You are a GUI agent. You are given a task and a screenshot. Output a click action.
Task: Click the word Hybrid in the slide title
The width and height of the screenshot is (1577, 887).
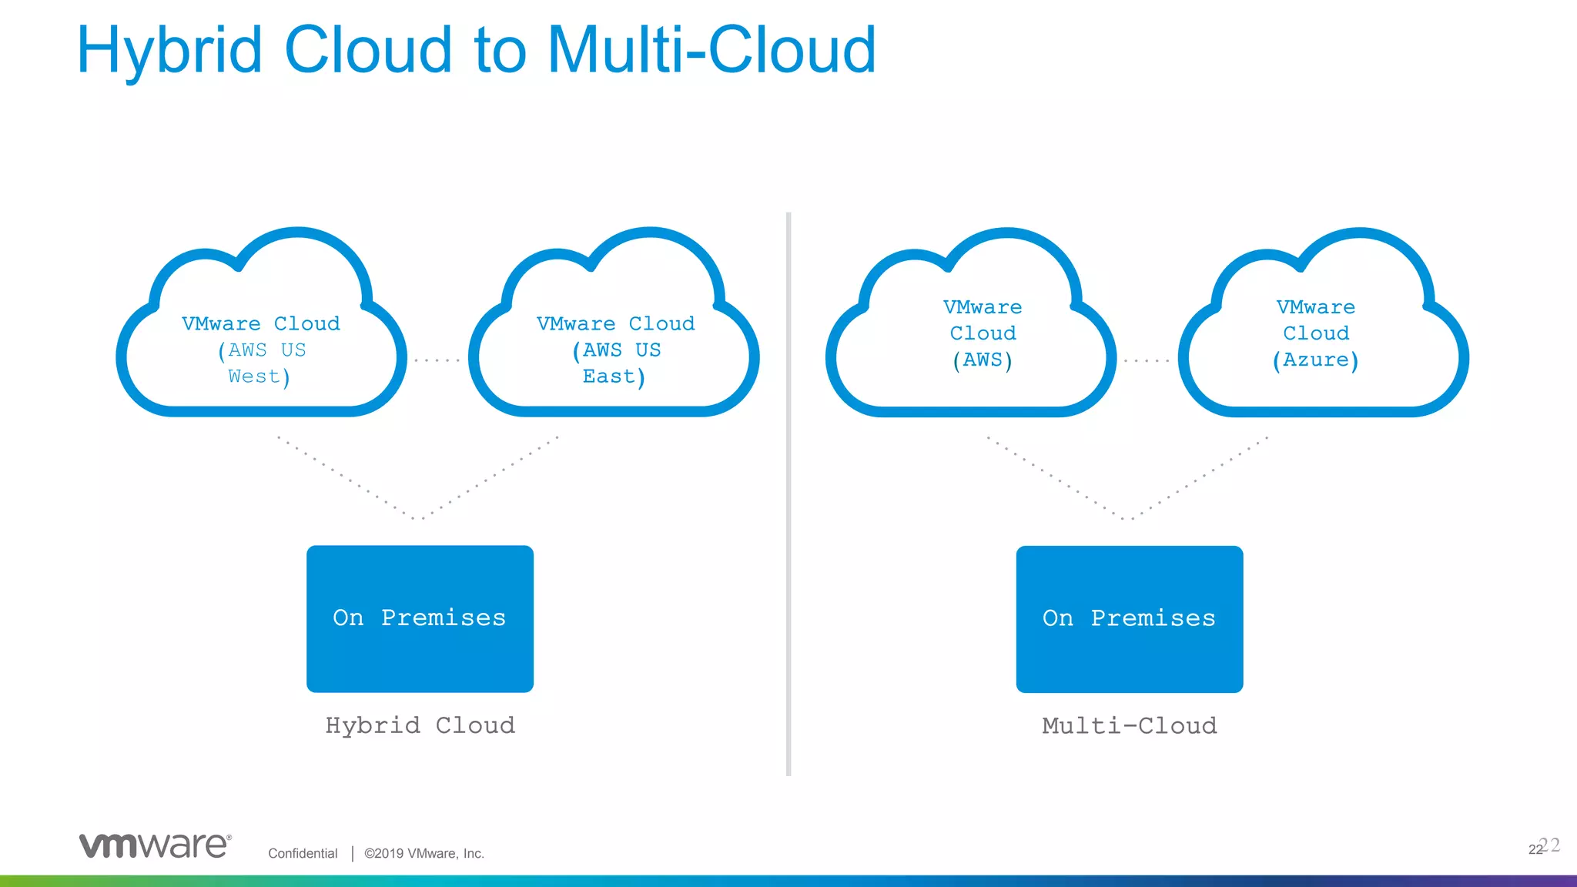[169, 51]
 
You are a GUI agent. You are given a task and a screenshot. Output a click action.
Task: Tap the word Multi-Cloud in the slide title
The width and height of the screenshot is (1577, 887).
[711, 51]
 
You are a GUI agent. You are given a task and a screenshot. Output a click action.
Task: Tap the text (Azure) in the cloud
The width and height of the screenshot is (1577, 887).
[1315, 360]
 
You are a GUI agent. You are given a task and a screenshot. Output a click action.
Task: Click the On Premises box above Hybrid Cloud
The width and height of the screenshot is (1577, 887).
[420, 618]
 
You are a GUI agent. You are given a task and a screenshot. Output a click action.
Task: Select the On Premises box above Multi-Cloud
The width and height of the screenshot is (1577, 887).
[1129, 618]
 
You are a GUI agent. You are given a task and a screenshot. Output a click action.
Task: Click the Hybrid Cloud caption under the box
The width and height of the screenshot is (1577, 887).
[420, 725]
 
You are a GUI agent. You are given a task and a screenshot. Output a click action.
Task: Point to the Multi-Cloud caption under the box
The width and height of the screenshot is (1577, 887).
[1129, 725]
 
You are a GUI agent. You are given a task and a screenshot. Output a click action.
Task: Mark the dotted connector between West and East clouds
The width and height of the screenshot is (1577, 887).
[437, 360]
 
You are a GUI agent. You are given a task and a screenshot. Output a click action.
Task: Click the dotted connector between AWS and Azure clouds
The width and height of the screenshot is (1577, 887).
[1147, 360]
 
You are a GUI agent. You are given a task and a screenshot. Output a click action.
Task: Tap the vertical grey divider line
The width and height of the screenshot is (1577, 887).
[788, 493]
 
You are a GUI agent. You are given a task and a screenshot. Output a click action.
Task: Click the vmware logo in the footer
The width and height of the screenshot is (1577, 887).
[155, 845]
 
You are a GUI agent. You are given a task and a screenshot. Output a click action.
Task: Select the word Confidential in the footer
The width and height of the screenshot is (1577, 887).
[303, 853]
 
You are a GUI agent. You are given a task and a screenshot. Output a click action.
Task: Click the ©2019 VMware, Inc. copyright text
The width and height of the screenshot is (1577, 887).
[424, 853]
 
